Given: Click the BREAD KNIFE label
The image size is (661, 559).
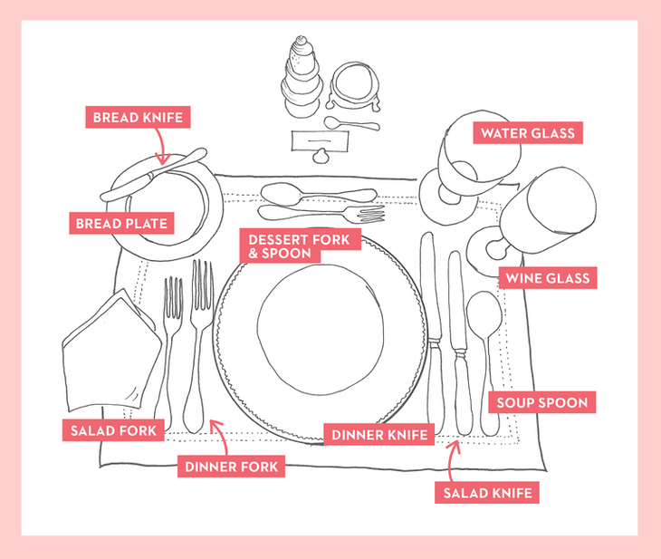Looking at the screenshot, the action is (x=138, y=117).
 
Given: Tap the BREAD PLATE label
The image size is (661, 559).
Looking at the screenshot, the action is (x=121, y=223).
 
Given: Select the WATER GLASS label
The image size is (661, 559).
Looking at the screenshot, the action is (x=528, y=133).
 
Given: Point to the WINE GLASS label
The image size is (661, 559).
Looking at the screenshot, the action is (x=548, y=278).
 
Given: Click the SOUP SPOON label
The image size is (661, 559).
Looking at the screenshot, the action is (x=542, y=402).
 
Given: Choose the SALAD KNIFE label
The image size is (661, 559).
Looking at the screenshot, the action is (x=487, y=493).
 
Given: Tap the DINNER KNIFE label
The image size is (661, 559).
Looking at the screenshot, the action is (x=379, y=435).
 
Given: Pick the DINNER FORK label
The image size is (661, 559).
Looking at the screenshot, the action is (x=231, y=467).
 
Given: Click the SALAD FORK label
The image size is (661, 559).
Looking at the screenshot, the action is (x=113, y=430).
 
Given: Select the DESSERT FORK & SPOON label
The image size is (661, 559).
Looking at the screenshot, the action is (x=300, y=246).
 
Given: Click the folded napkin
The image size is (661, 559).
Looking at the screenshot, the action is (x=111, y=350).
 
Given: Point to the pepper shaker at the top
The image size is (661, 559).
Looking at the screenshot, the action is (x=302, y=77).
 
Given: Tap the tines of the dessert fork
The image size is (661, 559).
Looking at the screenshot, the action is (x=370, y=215).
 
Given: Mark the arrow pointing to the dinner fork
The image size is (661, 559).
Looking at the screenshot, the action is (x=220, y=437).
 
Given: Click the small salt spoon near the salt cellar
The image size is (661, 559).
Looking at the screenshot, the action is (x=351, y=123).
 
